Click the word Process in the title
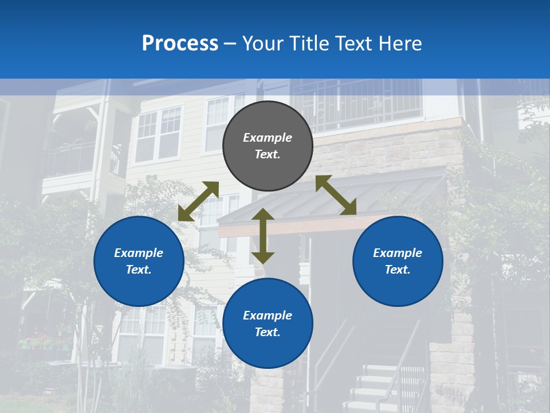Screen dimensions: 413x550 tap(180, 44)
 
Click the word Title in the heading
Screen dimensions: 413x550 tap(308, 44)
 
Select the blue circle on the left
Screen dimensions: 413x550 tap(139, 261)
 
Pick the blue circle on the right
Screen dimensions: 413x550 tap(398, 261)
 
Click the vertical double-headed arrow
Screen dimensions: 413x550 tap(263, 236)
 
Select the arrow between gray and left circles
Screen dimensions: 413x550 tap(198, 201)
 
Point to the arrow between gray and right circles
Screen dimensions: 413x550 tap(336, 196)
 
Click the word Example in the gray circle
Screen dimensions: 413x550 tap(268, 138)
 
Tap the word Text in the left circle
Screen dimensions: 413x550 tap(139, 270)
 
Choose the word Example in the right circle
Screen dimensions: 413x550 tap(398, 253)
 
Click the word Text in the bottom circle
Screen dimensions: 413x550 tap(268, 332)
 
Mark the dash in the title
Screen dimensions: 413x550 tap(230, 44)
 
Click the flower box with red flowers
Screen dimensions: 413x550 tap(43, 342)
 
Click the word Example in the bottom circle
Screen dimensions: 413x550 tap(268, 315)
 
